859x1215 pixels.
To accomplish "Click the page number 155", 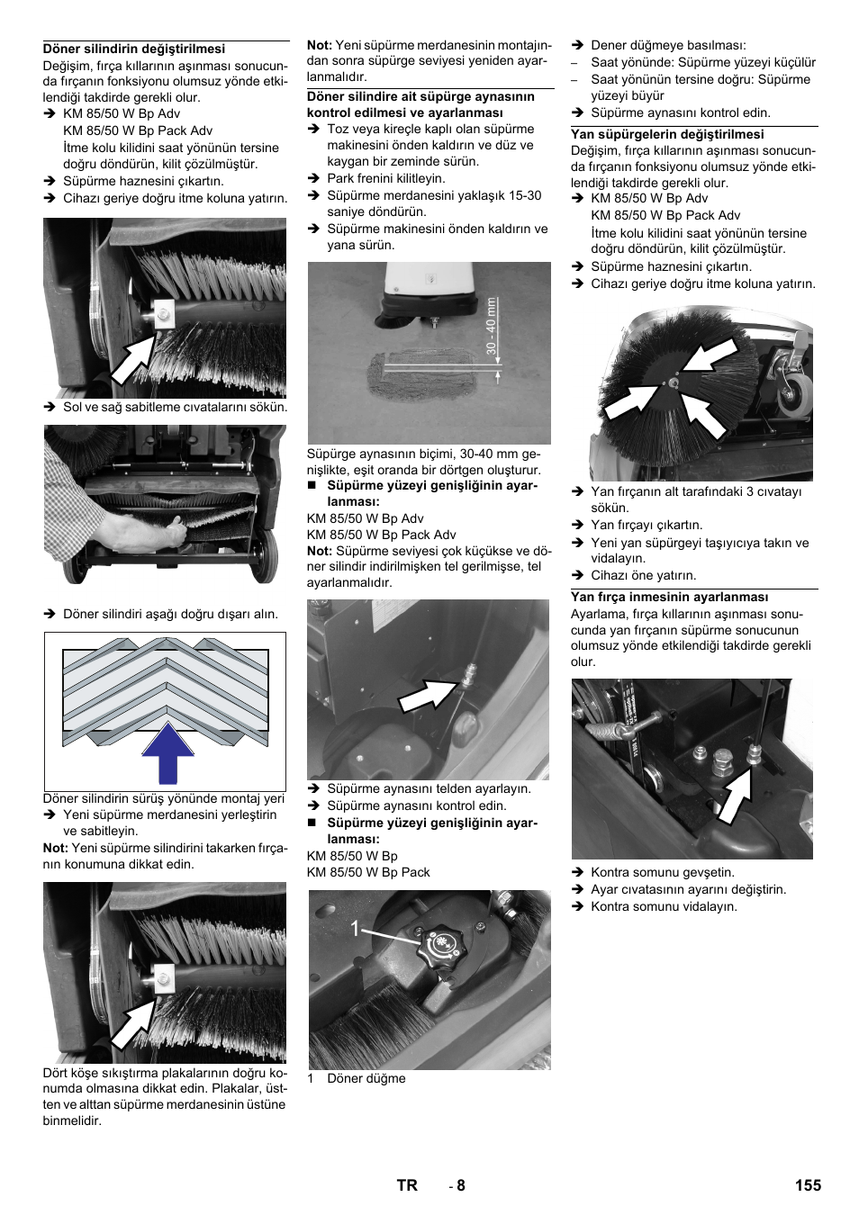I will (x=807, y=1185).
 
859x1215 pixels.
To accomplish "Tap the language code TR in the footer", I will (x=407, y=1185).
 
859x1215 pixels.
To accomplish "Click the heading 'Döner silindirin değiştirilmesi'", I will (x=134, y=49).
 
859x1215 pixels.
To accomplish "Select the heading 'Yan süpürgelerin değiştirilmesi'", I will (x=667, y=134).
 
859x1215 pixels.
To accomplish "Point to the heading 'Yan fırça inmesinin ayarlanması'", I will (x=669, y=597).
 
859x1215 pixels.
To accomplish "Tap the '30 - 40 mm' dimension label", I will (x=492, y=326).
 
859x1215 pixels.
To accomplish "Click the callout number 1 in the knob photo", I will (x=356, y=928).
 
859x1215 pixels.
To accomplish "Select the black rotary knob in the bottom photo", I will (x=440, y=943).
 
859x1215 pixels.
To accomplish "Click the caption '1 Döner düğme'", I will (x=357, y=1078).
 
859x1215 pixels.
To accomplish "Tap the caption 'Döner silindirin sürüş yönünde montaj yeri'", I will (x=164, y=798).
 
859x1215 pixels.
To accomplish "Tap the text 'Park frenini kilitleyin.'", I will (x=385, y=178).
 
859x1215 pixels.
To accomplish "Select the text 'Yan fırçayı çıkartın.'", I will (x=647, y=525).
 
